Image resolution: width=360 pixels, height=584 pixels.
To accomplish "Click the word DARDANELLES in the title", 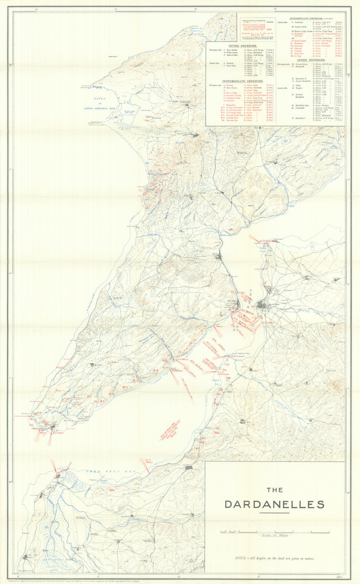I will (274, 504).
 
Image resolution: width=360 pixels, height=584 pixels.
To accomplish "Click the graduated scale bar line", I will (274, 531).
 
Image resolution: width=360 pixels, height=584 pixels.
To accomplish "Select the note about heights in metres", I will (275, 558).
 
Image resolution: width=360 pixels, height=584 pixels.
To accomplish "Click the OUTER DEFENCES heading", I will (238, 46).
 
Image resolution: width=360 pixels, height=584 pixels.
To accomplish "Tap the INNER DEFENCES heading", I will (311, 59).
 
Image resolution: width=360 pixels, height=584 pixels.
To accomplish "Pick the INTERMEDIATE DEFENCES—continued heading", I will (311, 18).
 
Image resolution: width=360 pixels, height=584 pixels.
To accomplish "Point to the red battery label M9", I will (103, 401).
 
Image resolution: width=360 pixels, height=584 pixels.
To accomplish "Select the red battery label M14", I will (156, 370).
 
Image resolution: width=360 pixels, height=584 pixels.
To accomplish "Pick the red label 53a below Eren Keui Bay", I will (112, 489).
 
